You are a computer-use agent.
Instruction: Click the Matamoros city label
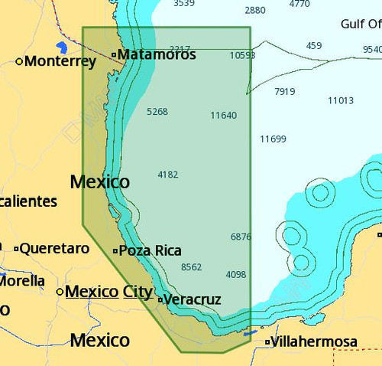pyautogui.click(x=157, y=54)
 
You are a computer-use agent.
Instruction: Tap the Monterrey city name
pyautogui.click(x=60, y=60)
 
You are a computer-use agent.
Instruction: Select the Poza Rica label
pyautogui.click(x=151, y=250)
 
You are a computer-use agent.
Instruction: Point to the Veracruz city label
pyautogui.click(x=192, y=299)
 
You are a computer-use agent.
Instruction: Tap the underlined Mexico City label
pyautogui.click(x=108, y=291)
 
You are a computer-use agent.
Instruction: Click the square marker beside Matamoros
pyautogui.click(x=114, y=54)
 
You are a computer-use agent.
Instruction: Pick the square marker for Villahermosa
pyautogui.click(x=267, y=341)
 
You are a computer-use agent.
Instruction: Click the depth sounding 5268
pyautogui.click(x=157, y=111)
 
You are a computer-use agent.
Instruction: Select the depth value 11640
pyautogui.click(x=223, y=115)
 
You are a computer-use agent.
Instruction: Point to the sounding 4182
pyautogui.click(x=167, y=175)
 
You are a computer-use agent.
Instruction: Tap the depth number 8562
pyautogui.click(x=191, y=266)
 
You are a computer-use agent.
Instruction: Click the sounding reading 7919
pyautogui.click(x=284, y=91)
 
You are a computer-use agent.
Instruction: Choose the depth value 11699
pyautogui.click(x=273, y=139)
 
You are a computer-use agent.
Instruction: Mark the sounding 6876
pyautogui.click(x=241, y=237)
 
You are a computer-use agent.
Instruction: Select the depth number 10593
pyautogui.click(x=242, y=55)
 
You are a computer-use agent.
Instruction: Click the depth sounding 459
pyautogui.click(x=314, y=45)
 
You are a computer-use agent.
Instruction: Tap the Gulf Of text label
pyautogui.click(x=361, y=24)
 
